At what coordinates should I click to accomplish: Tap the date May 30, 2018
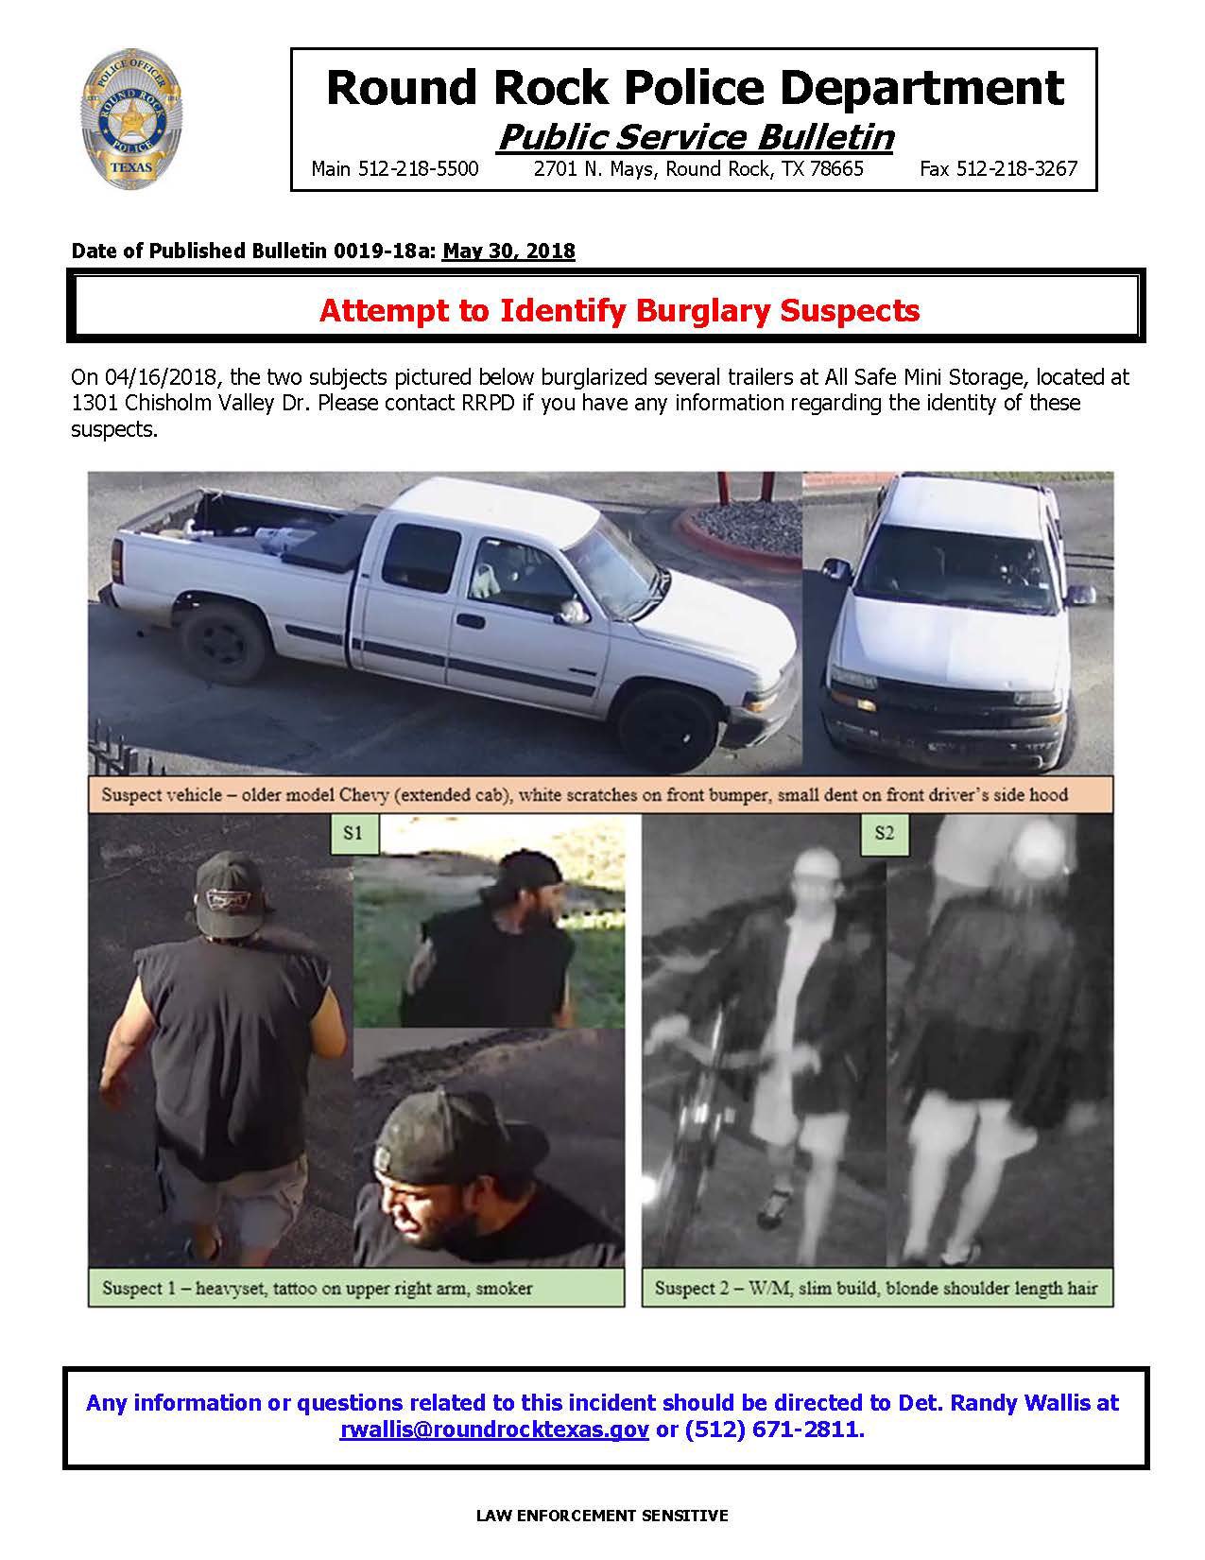pyautogui.click(x=508, y=251)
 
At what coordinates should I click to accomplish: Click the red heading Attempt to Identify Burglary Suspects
pyautogui.click(x=619, y=311)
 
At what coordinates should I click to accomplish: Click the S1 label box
pyautogui.click(x=353, y=832)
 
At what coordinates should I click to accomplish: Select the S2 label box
pyautogui.click(x=884, y=832)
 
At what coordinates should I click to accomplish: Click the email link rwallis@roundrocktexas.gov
pyautogui.click(x=493, y=1430)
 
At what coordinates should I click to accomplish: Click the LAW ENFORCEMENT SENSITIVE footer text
pyautogui.click(x=602, y=1516)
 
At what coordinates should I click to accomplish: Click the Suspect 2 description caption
pyautogui.click(x=875, y=1288)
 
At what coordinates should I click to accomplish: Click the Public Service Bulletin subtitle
pyautogui.click(x=695, y=137)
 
